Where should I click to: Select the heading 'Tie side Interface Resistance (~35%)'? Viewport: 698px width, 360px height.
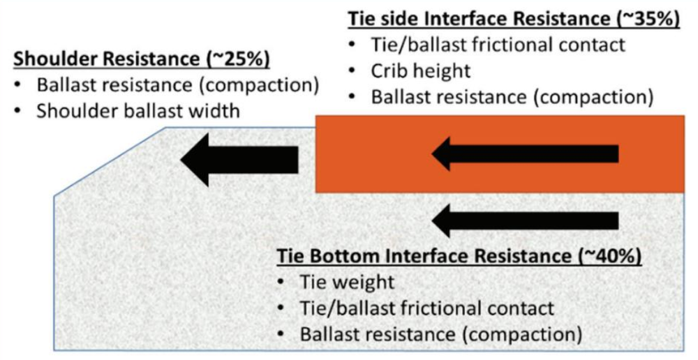tap(514, 19)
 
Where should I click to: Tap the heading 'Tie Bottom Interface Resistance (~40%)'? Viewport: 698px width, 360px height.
tap(459, 256)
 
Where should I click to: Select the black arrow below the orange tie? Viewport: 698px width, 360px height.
tap(525, 222)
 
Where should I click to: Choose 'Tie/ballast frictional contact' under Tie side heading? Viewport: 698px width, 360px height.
tap(498, 45)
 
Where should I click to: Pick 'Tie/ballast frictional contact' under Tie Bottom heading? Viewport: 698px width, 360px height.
tap(427, 308)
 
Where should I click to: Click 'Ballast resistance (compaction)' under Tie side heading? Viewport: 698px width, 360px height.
tap(512, 96)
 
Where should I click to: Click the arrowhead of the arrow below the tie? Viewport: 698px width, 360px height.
tap(447, 222)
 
